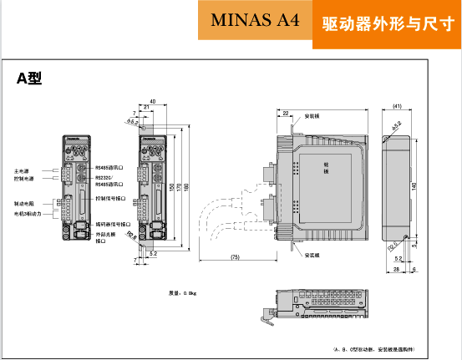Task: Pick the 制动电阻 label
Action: (24, 203)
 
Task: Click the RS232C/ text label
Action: (104, 177)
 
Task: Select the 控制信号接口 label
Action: (111, 199)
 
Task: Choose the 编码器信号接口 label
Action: (113, 224)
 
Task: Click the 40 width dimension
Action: (152, 100)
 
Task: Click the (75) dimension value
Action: (236, 256)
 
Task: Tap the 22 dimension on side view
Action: (286, 112)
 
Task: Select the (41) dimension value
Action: (398, 106)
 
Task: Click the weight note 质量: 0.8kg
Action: (181, 293)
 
